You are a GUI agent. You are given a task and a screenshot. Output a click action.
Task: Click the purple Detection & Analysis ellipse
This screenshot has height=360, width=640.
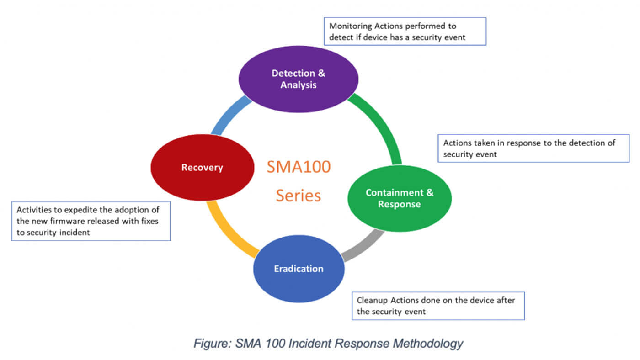tap(298, 79)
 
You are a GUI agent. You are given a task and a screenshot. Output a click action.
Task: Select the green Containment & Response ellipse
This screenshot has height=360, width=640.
tap(400, 198)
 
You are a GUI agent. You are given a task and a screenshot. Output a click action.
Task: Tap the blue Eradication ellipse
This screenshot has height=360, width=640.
tap(299, 269)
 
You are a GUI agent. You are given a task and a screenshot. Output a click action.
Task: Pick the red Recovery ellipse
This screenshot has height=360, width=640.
tap(202, 168)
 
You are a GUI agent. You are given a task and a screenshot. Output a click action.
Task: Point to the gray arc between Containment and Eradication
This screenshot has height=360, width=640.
tap(363, 245)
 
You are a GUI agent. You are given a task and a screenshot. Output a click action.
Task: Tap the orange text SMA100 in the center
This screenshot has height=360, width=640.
tap(298, 167)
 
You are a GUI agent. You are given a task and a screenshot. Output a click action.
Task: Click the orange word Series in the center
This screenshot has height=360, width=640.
tap(298, 196)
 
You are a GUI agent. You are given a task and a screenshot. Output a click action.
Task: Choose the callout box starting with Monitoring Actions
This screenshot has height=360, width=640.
tap(405, 32)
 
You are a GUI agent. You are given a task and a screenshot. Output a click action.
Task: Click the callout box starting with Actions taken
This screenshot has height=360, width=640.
tap(533, 148)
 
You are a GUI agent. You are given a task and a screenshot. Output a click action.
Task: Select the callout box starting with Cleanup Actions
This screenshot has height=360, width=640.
tap(438, 306)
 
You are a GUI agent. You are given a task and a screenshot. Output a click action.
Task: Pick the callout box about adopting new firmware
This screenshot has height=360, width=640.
tap(91, 221)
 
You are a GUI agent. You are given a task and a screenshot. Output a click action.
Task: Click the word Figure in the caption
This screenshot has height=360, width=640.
tap(211, 343)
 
